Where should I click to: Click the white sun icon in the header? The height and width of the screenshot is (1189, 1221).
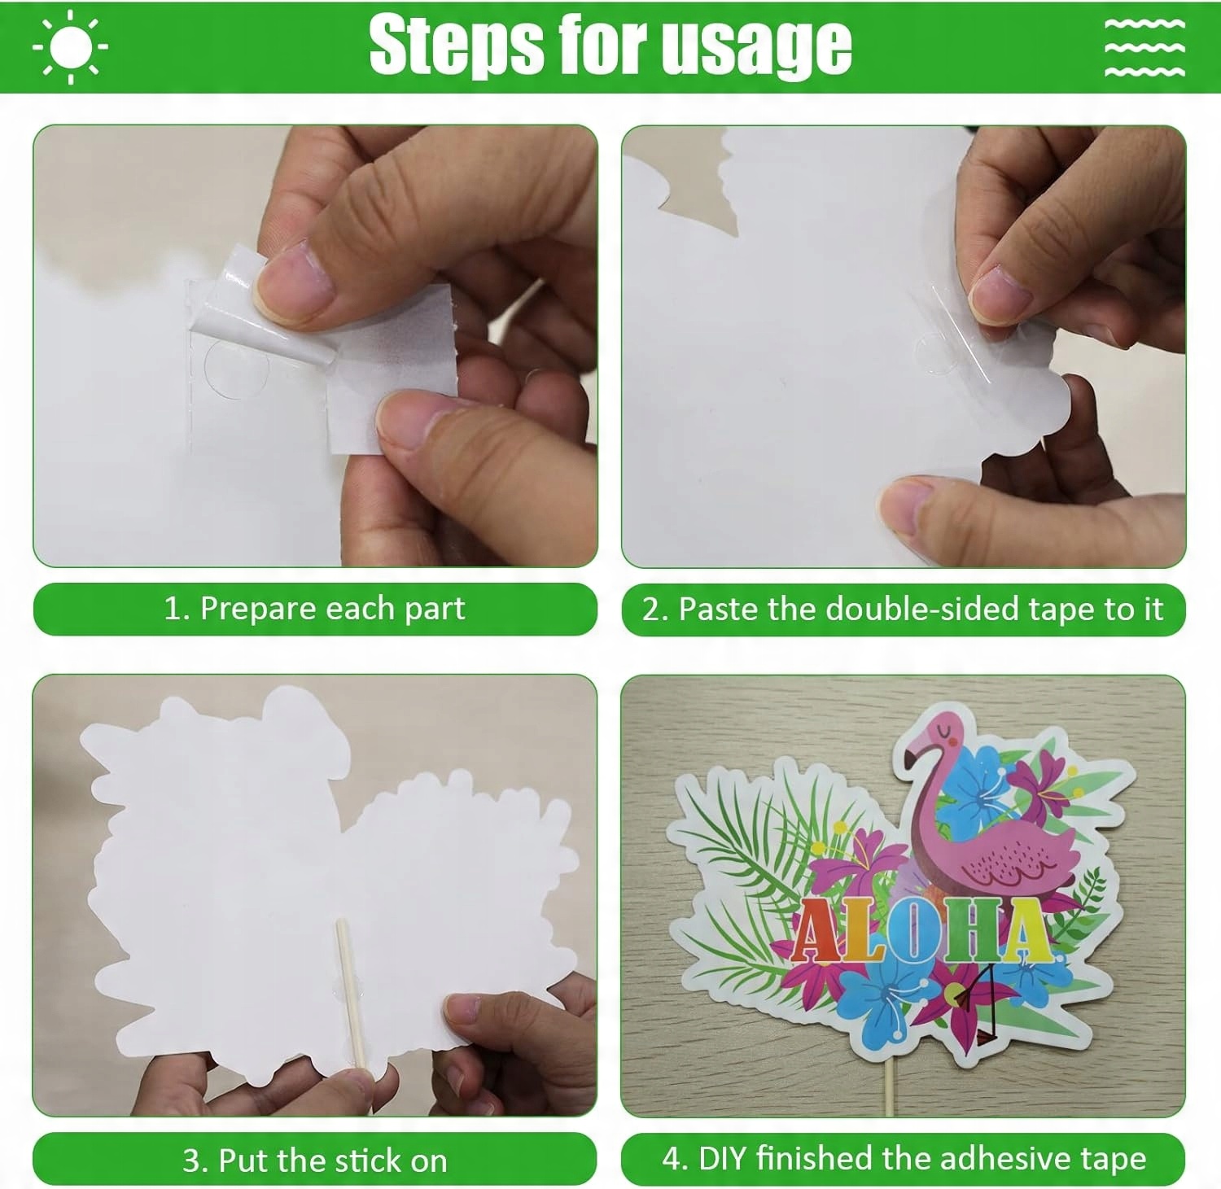(x=71, y=46)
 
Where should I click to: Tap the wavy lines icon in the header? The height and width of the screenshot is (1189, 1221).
(x=1144, y=46)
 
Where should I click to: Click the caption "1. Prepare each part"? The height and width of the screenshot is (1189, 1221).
(x=314, y=609)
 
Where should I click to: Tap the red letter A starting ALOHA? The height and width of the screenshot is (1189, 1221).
(x=816, y=933)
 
